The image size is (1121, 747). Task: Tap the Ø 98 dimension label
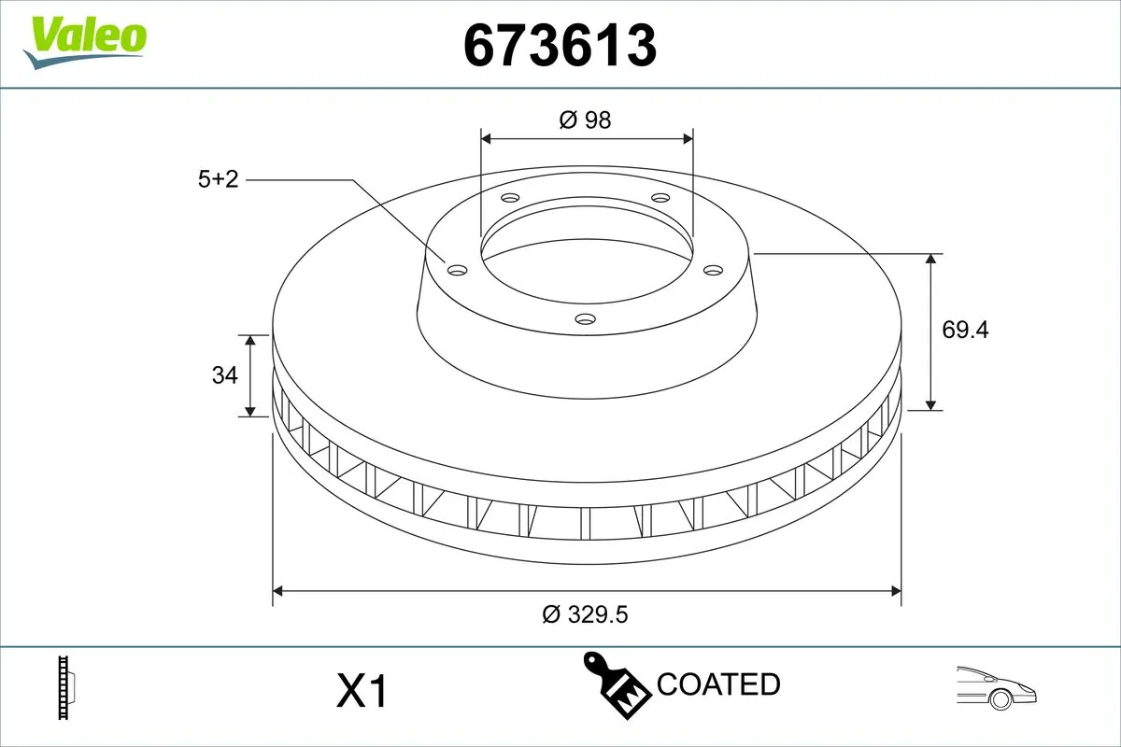tap(585, 120)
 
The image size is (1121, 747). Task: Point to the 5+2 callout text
tap(219, 179)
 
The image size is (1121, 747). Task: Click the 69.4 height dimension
tap(965, 330)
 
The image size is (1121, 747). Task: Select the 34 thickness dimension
tap(224, 375)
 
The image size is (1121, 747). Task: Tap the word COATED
tap(718, 684)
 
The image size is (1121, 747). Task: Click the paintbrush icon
tap(617, 688)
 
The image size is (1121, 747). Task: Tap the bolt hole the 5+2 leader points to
tap(457, 270)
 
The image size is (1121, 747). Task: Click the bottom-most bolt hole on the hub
tap(585, 319)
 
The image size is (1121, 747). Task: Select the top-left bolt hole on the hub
tap(509, 198)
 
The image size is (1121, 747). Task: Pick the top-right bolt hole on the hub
tap(660, 198)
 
